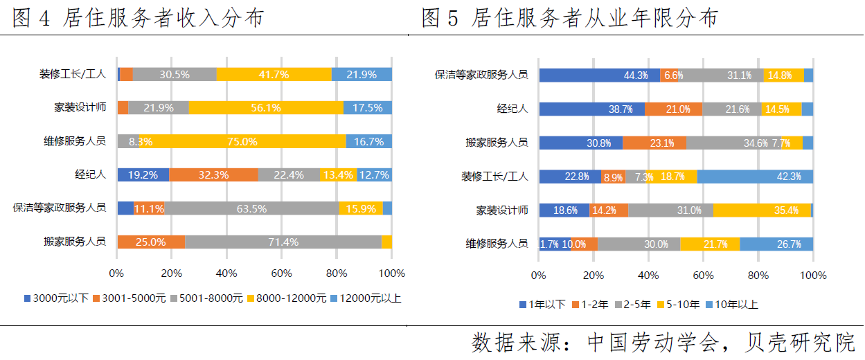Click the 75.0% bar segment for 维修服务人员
pyautogui.click(x=243, y=141)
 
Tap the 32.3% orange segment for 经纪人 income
pyautogui.click(x=213, y=175)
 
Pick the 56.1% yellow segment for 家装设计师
pyautogui.click(x=266, y=108)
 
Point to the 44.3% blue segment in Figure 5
pyautogui.click(x=599, y=75)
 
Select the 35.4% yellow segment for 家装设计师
pyautogui.click(x=762, y=210)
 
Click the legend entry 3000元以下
pyautogui.click(x=56, y=298)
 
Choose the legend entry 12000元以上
pyautogui.click(x=368, y=298)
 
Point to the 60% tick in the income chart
pyautogui.click(x=282, y=273)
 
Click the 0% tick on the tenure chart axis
pyautogui.click(x=539, y=276)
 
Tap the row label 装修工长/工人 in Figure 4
pyautogui.click(x=72, y=75)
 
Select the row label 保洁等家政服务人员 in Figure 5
pyautogui.click(x=481, y=75)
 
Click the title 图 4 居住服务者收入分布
pyautogui.click(x=139, y=19)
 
